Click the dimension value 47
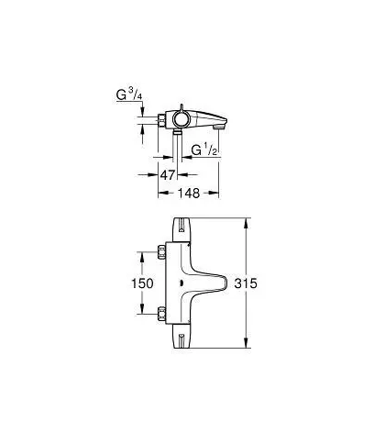tap(168, 175)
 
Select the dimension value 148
tap(189, 193)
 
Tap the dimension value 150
tap(142, 283)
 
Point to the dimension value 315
tap(246, 283)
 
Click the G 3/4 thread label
tap(129, 94)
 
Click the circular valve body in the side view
tap(181, 120)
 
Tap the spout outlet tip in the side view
tap(218, 127)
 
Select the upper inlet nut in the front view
tap(161, 252)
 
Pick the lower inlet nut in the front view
tap(161, 314)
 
